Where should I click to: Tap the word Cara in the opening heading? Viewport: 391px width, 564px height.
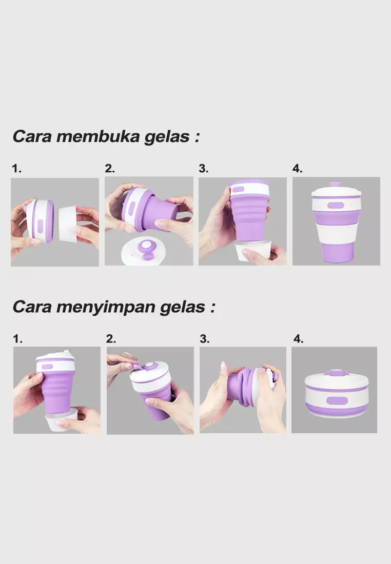[31, 137]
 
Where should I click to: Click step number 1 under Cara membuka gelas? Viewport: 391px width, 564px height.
[16, 169]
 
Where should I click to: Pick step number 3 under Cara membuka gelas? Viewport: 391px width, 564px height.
[204, 169]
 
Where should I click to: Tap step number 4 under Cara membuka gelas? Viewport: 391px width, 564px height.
[298, 169]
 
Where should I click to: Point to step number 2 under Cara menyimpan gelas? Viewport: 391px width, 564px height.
[111, 339]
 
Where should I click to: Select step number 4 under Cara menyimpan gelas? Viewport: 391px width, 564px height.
[299, 339]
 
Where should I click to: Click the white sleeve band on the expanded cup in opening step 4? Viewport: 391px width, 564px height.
[336, 234]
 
